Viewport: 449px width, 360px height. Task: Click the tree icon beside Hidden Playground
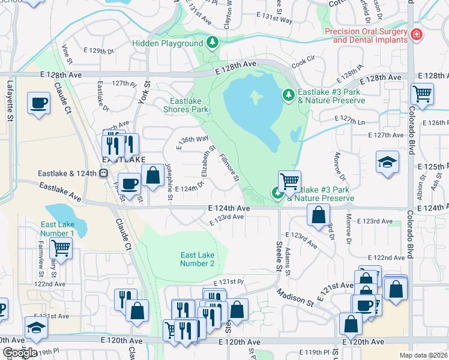pyautogui.click(x=211, y=43)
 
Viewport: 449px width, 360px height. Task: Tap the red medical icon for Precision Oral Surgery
pyautogui.click(x=416, y=36)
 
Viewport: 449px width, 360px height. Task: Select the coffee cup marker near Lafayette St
pyautogui.click(x=38, y=103)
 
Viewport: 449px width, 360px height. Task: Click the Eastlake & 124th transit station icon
pyautogui.click(x=103, y=173)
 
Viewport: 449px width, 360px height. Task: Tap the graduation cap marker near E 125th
pyautogui.click(x=387, y=162)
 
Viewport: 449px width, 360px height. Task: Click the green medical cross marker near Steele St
pyautogui.click(x=277, y=193)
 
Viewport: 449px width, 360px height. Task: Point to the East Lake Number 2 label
pyautogui.click(x=197, y=259)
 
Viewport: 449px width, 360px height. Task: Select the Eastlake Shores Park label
pyautogui.click(x=185, y=106)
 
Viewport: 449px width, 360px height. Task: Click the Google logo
pyautogui.click(x=19, y=352)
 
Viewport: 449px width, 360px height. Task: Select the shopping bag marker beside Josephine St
pyautogui.click(x=153, y=176)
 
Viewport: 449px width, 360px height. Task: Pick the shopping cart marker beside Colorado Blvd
pyautogui.click(x=422, y=94)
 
